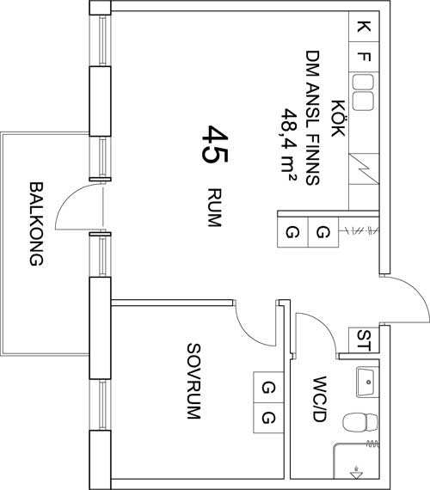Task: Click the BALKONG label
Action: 36,224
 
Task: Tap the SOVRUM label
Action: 193,381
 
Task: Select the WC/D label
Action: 320,399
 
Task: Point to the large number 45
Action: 214,144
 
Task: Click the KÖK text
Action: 338,119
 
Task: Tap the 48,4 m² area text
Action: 289,144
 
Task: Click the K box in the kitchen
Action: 364,27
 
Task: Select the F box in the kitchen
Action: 364,58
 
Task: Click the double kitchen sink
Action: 363,92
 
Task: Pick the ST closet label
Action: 364,340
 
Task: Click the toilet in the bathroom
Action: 360,422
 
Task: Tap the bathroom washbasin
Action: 368,382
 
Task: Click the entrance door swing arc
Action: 416,290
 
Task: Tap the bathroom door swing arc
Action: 325,326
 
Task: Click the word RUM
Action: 214,207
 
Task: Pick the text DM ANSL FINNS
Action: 313,118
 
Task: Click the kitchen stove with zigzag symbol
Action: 364,168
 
